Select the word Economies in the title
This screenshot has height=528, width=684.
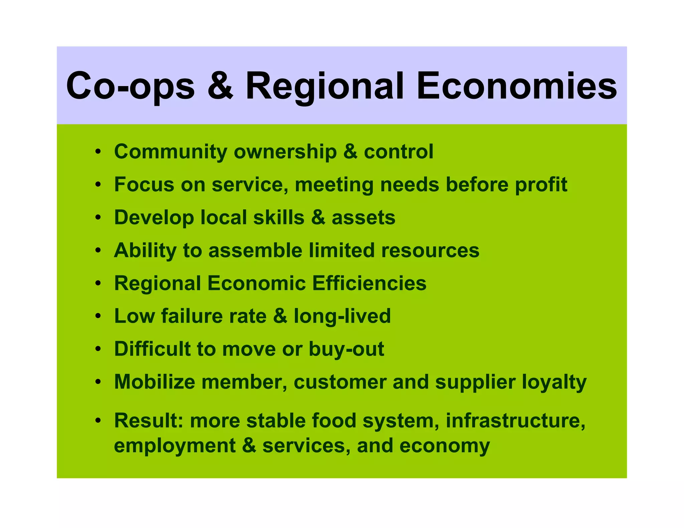click(517, 86)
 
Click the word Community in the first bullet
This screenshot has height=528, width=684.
click(171, 152)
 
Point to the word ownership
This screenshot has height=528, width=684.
click(285, 152)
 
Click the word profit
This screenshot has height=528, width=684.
click(541, 185)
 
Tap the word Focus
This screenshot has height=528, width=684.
click(144, 184)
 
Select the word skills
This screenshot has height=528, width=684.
click(279, 217)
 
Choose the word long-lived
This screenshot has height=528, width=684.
click(342, 316)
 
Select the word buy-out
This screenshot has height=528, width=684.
click(346, 349)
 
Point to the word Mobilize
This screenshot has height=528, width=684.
click(155, 381)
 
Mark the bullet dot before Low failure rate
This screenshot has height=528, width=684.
click(98, 316)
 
